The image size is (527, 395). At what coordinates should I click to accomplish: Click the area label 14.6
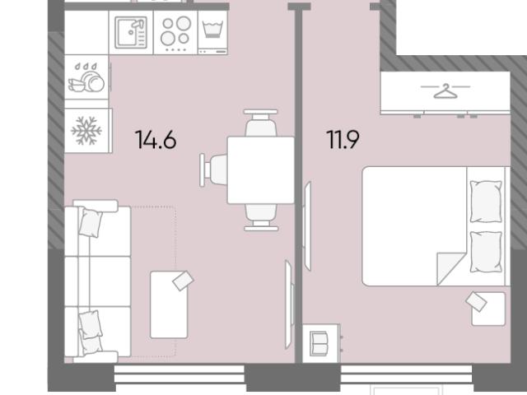(x=156, y=139)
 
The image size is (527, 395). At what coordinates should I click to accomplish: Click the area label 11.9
(x=343, y=139)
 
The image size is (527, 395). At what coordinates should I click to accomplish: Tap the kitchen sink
(x=131, y=33)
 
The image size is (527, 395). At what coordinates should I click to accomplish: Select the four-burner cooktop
(x=175, y=33)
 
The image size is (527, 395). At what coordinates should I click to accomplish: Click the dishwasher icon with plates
(x=86, y=77)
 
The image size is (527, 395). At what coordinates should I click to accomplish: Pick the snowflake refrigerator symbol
(x=86, y=131)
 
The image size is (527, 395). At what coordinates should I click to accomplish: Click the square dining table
(x=261, y=170)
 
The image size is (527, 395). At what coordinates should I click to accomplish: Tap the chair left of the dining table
(x=214, y=170)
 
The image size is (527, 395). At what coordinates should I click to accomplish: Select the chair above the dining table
(x=261, y=123)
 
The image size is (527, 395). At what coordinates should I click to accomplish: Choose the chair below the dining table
(x=261, y=217)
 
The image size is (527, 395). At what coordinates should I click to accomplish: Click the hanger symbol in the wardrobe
(x=445, y=91)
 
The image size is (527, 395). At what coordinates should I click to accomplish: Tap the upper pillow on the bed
(x=486, y=201)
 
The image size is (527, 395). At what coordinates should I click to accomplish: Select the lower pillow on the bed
(x=486, y=252)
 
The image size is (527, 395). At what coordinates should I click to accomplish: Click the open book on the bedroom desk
(x=319, y=343)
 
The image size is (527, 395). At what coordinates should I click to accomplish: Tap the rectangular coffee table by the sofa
(x=169, y=304)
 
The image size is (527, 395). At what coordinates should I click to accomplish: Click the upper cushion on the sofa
(x=91, y=223)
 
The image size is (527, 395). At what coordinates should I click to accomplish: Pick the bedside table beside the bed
(x=488, y=309)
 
